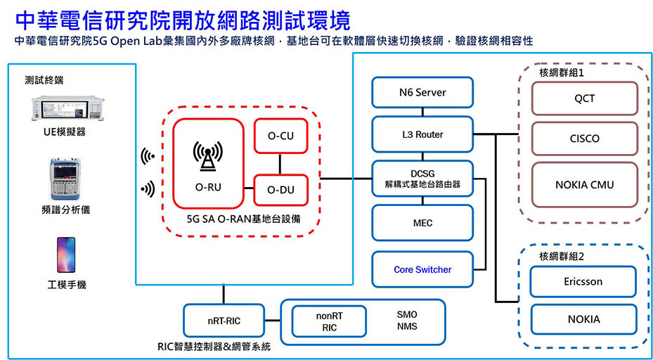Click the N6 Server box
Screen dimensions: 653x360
(422, 92)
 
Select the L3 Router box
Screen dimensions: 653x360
(422, 134)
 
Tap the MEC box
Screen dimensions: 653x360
(422, 223)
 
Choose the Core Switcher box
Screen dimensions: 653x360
(422, 269)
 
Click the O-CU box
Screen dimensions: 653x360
(280, 136)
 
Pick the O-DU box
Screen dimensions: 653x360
(280, 190)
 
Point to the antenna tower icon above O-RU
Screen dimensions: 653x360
(208, 156)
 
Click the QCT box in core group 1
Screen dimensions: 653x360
(584, 98)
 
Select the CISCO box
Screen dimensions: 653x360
(584, 139)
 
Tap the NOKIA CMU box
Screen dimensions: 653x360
(584, 185)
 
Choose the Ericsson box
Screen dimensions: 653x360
(583, 282)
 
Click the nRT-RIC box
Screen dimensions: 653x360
(224, 321)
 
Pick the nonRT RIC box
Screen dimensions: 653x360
(329, 321)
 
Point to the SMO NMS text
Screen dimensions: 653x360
(407, 321)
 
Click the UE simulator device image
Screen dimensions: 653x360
(68, 108)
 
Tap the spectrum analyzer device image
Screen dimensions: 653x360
(65, 179)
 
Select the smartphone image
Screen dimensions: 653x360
(66, 255)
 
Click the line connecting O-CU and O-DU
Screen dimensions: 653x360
(280, 164)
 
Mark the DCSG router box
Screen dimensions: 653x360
(422, 179)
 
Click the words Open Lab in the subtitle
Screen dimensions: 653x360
(136, 41)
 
